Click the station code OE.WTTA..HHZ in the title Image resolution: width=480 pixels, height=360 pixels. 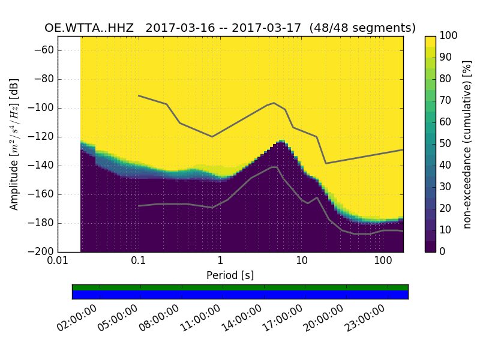[91, 28]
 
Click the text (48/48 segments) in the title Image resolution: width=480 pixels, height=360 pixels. [367, 28]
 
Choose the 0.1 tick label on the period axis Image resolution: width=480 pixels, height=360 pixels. [139, 262]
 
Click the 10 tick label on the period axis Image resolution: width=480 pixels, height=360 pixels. [302, 262]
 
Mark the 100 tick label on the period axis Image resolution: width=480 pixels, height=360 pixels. [383, 262]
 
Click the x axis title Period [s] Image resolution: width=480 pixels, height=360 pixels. [230, 275]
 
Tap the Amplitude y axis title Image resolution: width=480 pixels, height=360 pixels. [14, 144]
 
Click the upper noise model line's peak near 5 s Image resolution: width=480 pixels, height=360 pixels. [274, 103]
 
